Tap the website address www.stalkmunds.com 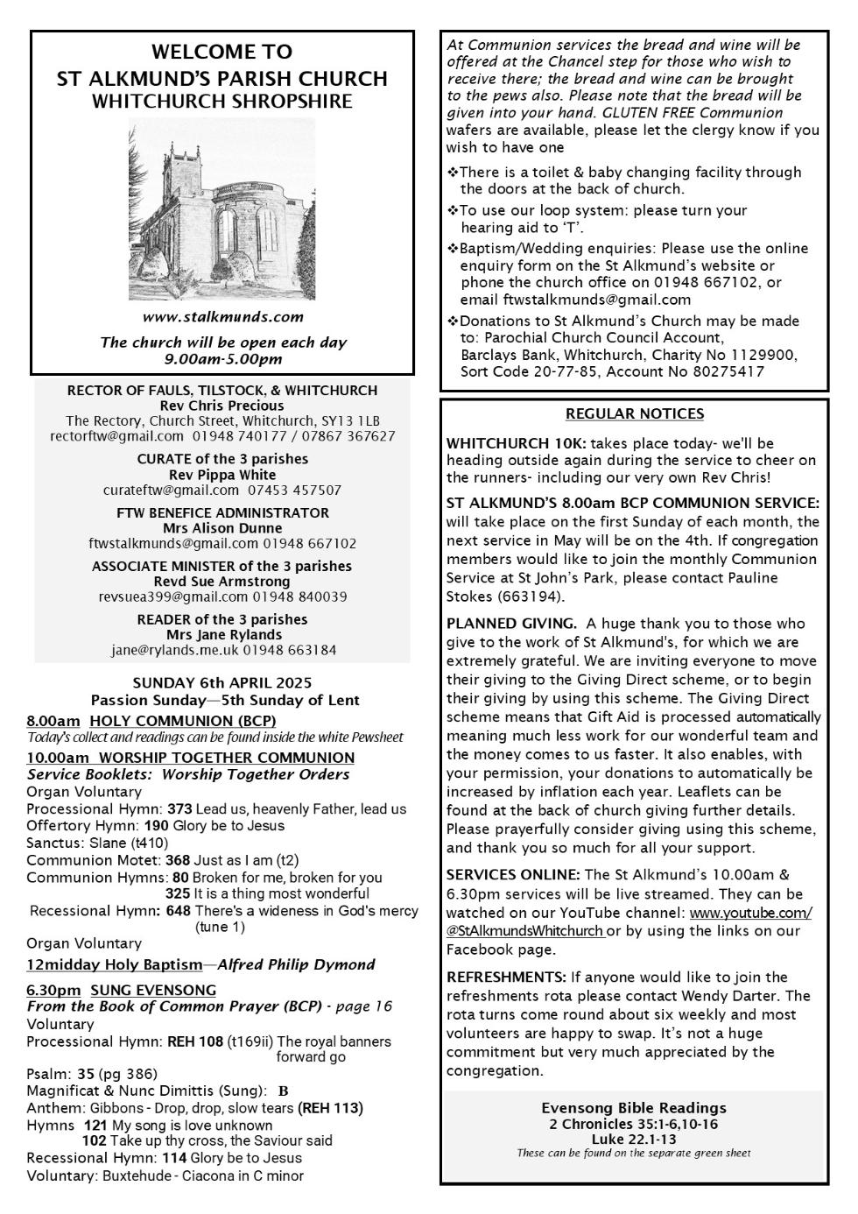click(222, 316)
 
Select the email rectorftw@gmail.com click(117, 435)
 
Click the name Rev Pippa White click(222, 475)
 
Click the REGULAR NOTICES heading click(634, 413)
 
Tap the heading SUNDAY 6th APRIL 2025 click(222, 682)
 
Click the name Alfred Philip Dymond click(296, 964)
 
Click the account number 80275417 click(728, 371)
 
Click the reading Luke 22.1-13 click(633, 1139)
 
